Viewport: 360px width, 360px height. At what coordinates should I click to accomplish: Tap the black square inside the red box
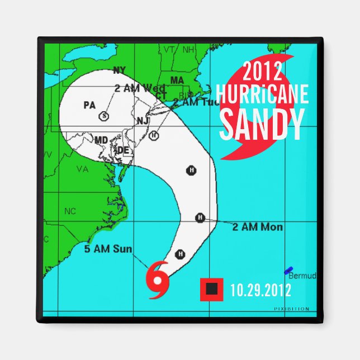click(x=212, y=288)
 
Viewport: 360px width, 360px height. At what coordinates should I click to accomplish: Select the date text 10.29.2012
click(x=260, y=290)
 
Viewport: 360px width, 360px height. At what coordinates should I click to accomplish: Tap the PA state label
click(x=89, y=105)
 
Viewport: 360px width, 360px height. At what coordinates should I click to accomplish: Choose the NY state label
click(x=119, y=70)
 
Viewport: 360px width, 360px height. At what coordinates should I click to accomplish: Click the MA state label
click(x=177, y=80)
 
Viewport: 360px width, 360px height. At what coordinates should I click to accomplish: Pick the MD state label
click(x=101, y=139)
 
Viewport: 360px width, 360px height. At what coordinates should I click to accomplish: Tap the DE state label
click(x=122, y=150)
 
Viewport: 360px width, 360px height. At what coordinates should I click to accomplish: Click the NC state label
click(x=70, y=211)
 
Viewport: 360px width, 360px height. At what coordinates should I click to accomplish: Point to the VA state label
click(x=83, y=168)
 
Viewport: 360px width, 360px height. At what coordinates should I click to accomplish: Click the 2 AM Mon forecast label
click(x=257, y=227)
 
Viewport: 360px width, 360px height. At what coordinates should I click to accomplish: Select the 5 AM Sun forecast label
click(x=108, y=249)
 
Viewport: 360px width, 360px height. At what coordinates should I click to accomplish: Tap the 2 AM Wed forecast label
click(x=139, y=88)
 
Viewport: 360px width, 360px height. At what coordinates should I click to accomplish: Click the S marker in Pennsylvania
click(x=103, y=116)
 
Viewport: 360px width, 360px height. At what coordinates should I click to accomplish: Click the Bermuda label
click(x=302, y=276)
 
